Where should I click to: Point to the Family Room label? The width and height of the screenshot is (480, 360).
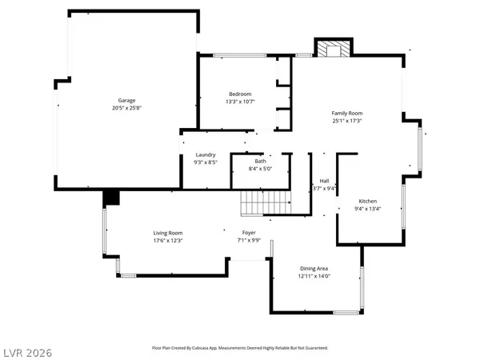pyautogui.click(x=347, y=113)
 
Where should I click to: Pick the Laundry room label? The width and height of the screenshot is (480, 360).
pyautogui.click(x=206, y=154)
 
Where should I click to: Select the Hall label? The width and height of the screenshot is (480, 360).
pyautogui.click(x=325, y=181)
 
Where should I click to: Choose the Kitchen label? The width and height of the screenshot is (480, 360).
pyautogui.click(x=367, y=201)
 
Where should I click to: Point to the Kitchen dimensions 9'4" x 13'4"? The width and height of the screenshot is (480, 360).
pyautogui.click(x=367, y=208)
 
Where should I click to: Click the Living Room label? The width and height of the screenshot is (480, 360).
pyautogui.click(x=169, y=233)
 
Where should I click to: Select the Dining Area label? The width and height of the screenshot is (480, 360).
pyautogui.click(x=314, y=268)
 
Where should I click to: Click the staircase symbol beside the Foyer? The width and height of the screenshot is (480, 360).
pyautogui.click(x=265, y=203)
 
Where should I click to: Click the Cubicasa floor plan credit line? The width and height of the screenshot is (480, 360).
pyautogui.click(x=240, y=348)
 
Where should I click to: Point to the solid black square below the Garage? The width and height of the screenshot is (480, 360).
pyautogui.click(x=110, y=198)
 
